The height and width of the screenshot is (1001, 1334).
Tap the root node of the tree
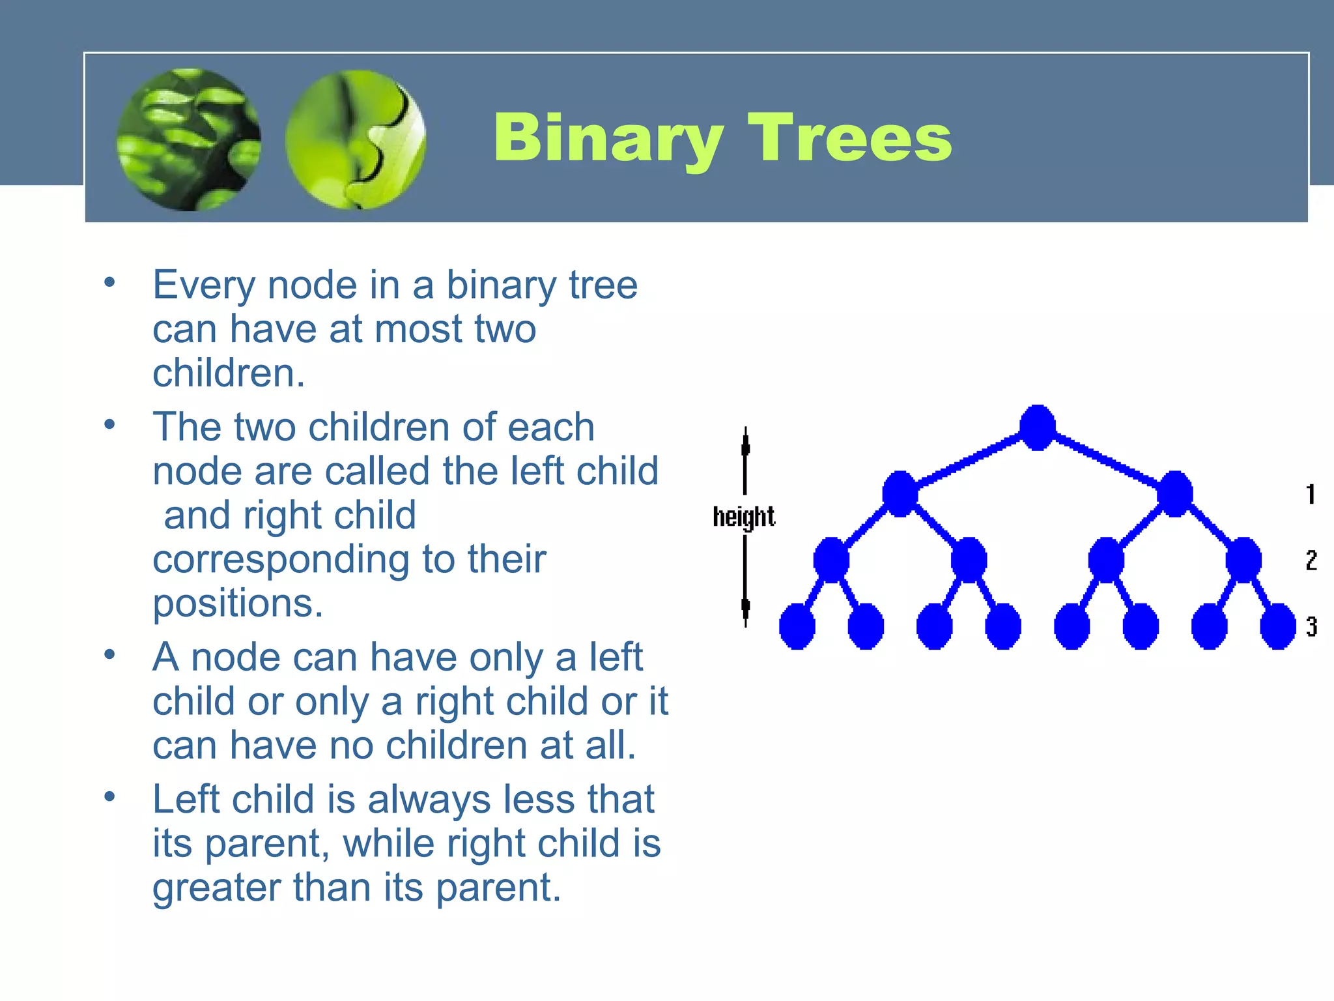[1037, 428]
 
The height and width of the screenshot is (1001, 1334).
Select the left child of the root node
[900, 494]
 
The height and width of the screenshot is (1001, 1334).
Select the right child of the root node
[1174, 494]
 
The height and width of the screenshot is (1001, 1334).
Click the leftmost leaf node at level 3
[797, 626]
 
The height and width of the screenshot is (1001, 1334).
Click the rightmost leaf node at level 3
[1278, 626]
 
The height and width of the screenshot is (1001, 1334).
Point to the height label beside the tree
[743, 517]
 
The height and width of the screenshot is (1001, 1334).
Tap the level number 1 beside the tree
[1311, 494]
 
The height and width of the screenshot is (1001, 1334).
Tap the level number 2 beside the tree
[1311, 560]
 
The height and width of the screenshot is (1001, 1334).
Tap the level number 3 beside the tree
[1311, 626]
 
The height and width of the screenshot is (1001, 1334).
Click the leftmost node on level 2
[831, 560]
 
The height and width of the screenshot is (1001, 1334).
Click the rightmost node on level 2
[1243, 560]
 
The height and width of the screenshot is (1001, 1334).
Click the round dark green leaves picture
[189, 139]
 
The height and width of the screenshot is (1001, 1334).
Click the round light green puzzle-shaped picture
[356, 139]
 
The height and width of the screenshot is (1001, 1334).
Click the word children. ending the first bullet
[229, 373]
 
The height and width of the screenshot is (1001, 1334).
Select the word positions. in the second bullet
[238, 603]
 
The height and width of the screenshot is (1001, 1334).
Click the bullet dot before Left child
[109, 796]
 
